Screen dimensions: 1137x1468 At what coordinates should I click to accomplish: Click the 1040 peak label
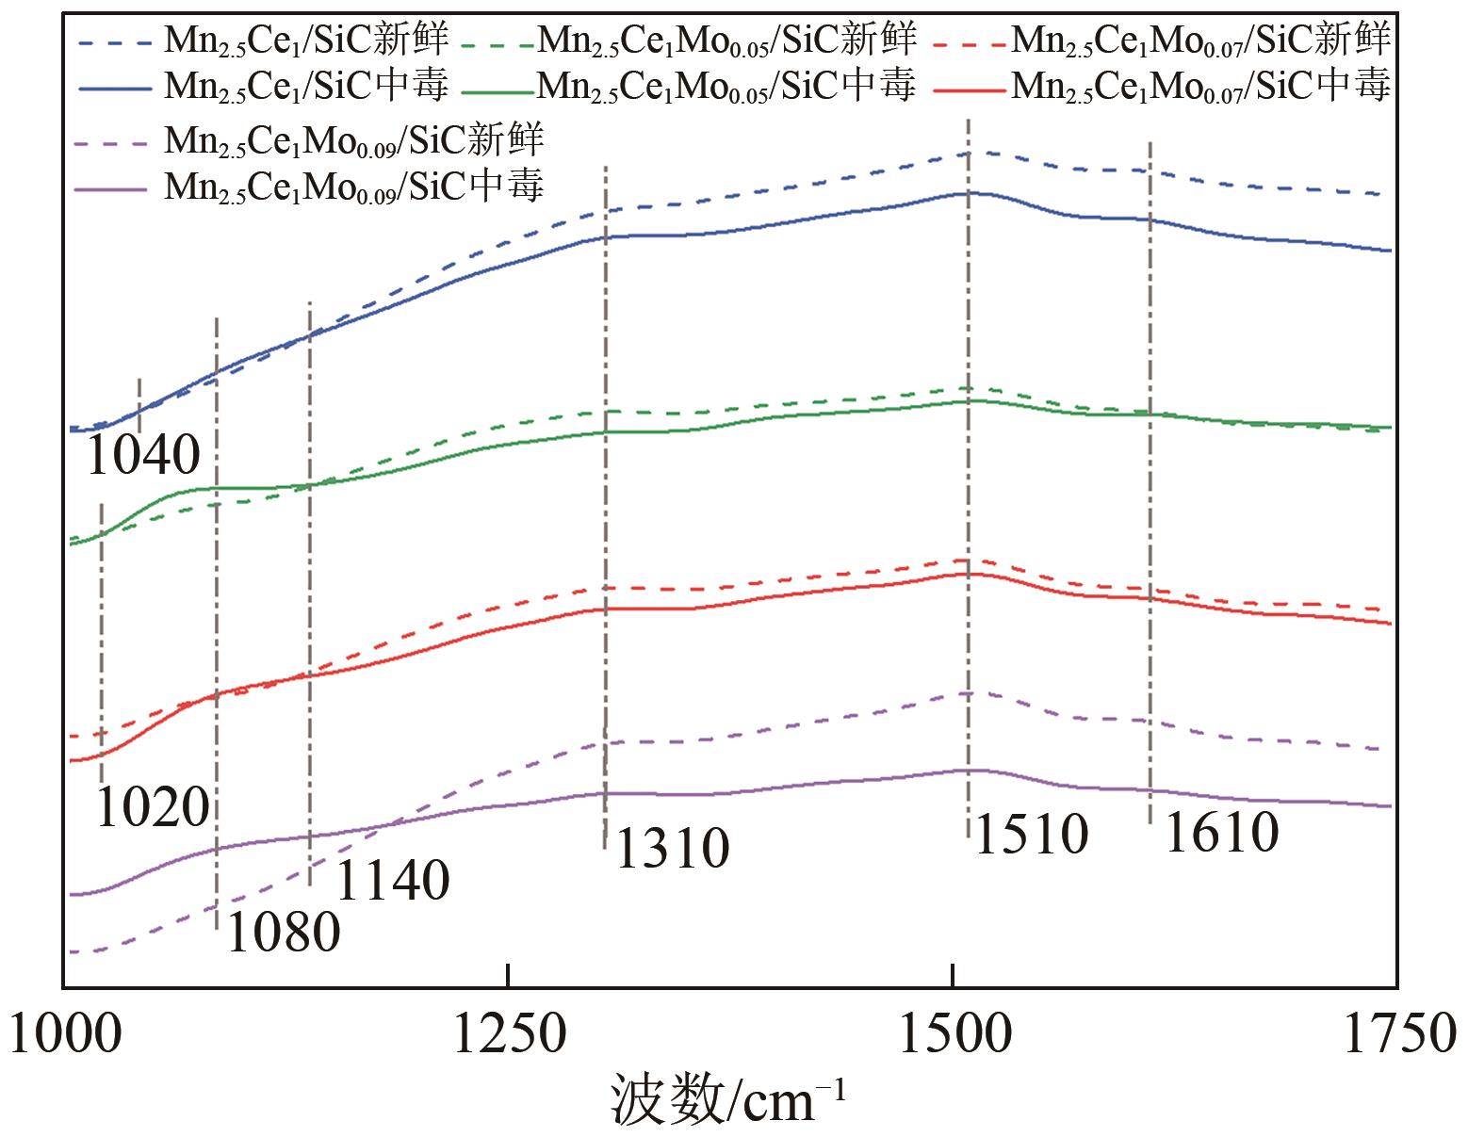143,456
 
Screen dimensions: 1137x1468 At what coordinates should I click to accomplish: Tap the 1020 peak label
153,807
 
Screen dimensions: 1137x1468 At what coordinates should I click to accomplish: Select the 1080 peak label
283,933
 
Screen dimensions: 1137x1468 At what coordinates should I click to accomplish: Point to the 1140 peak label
392,881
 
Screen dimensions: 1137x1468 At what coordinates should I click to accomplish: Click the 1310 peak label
672,848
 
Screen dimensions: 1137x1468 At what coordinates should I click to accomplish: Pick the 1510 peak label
1031,835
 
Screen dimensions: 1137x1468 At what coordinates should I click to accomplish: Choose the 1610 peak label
1222,832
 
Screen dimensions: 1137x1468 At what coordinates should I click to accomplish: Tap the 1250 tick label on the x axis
509,1033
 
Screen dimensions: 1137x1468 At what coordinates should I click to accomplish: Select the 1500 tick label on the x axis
954,1033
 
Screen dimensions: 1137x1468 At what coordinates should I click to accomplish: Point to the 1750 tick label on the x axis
1398,1033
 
